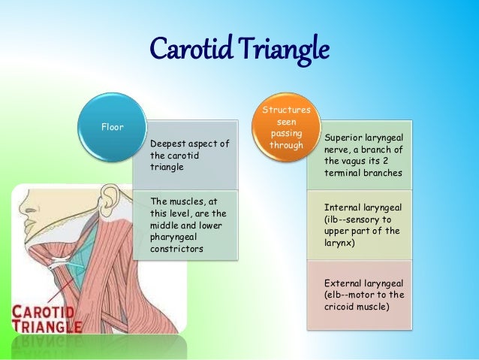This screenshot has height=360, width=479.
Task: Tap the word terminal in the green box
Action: (x=342, y=173)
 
